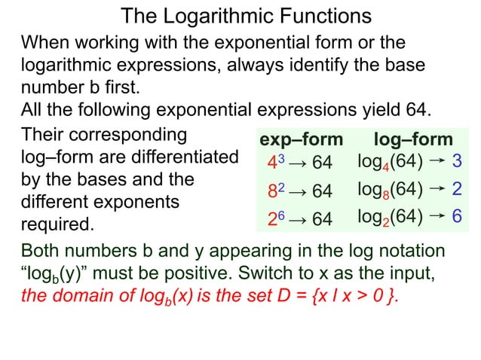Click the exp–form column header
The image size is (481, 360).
coord(300,140)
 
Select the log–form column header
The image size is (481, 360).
coord(413,140)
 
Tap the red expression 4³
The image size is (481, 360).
coord(274,162)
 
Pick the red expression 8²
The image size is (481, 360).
coord(274,191)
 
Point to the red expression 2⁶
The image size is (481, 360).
coord(274,218)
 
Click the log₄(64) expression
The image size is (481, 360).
coord(389,162)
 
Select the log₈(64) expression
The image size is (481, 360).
coord(389,190)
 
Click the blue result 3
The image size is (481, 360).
coord(457,161)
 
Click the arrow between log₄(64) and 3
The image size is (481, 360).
coord(436,160)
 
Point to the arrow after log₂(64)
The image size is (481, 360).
coord(436,216)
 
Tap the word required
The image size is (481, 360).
coord(57,224)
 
